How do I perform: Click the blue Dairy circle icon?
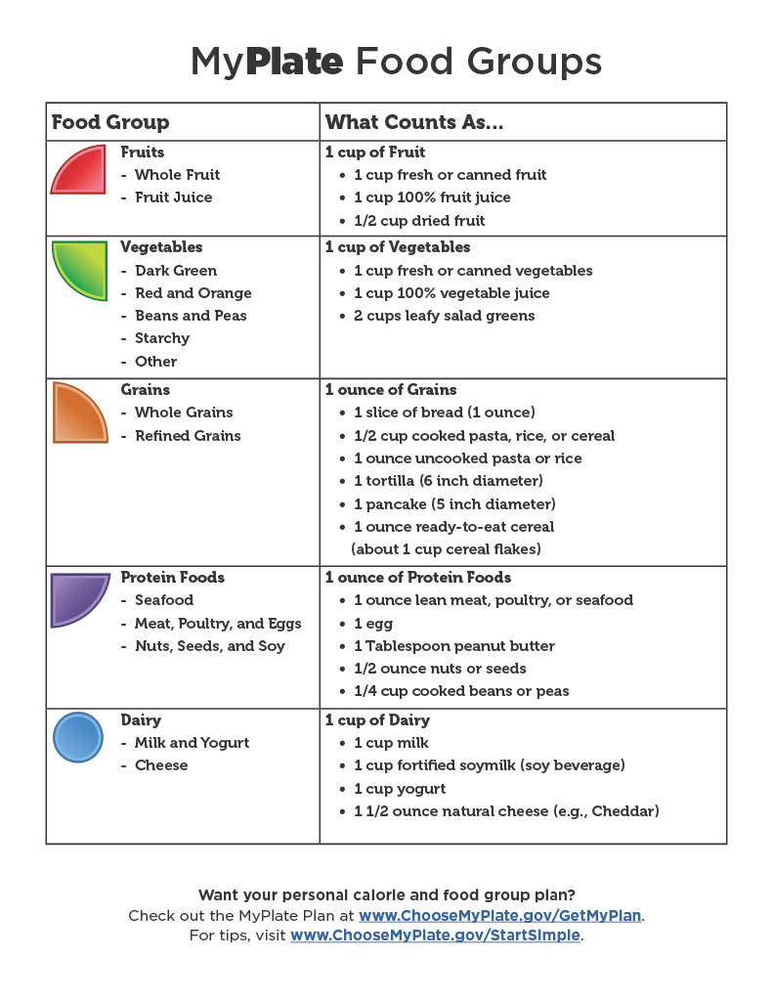tap(77, 737)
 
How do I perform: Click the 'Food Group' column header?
tap(110, 122)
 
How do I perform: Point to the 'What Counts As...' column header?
tap(414, 122)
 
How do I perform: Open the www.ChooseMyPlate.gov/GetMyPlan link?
tap(500, 915)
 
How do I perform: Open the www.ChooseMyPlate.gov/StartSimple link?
tap(436, 936)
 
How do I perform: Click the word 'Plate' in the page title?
tap(294, 62)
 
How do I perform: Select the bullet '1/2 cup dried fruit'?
tap(419, 220)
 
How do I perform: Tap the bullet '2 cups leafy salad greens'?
tap(445, 316)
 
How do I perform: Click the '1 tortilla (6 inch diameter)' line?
tap(449, 481)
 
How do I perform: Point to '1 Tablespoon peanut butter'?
tap(454, 646)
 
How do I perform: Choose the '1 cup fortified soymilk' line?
tap(490, 765)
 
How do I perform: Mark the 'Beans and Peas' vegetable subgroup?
tap(191, 316)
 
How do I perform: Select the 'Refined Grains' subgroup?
tap(188, 436)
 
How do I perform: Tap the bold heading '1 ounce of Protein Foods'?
tap(418, 578)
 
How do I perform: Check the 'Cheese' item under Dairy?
tap(161, 765)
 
